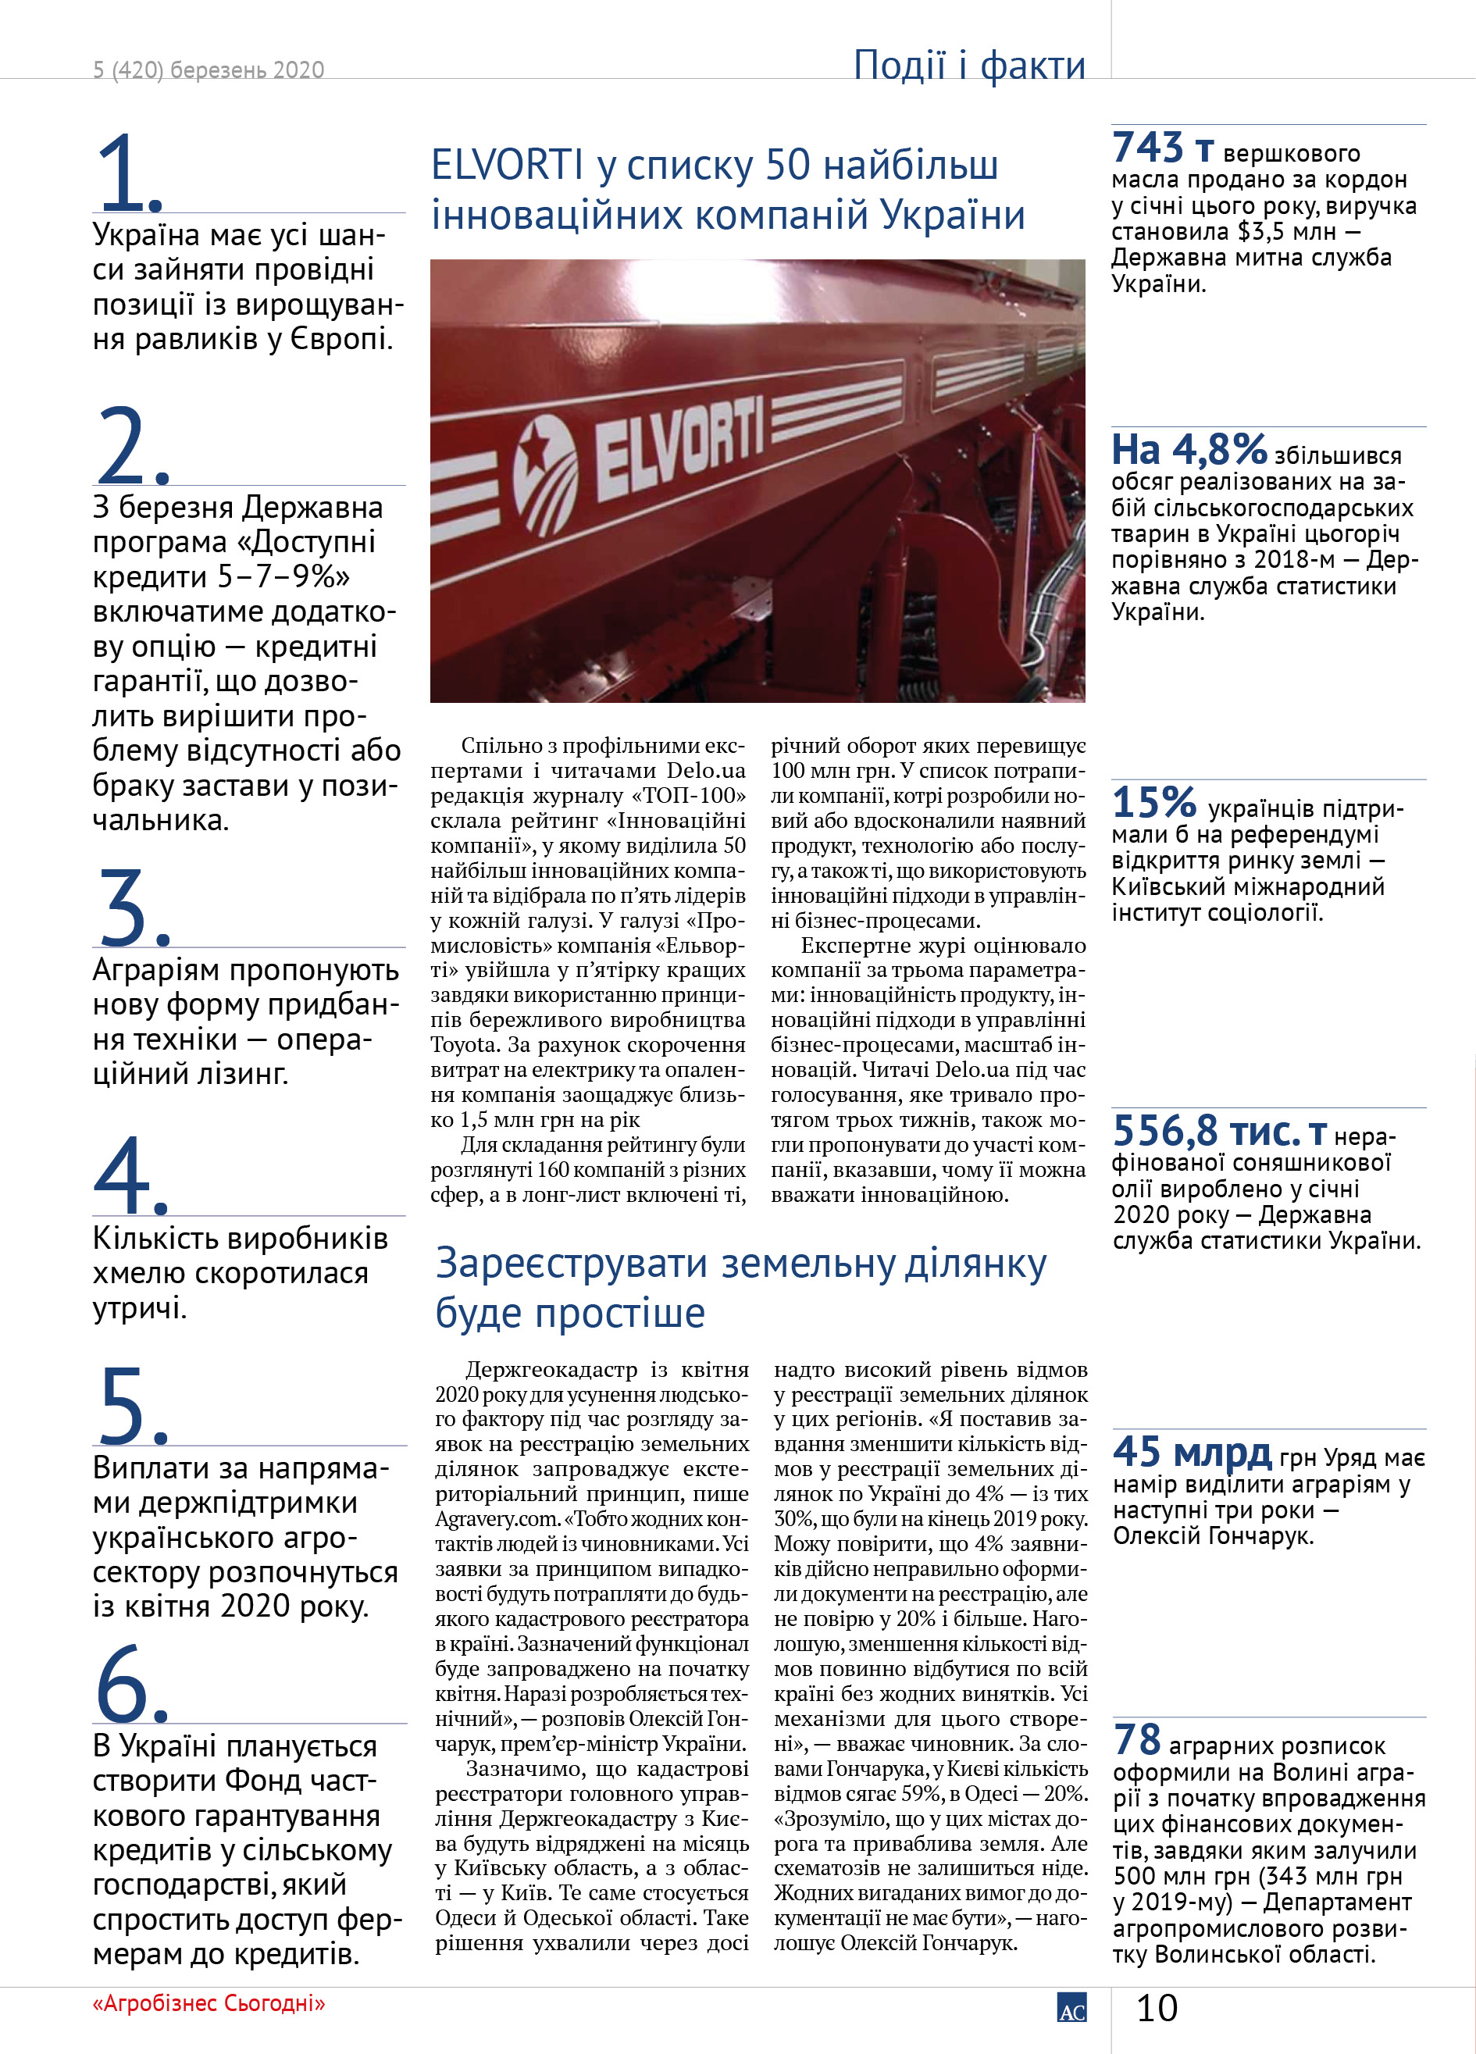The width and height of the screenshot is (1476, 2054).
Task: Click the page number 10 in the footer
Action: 1157,2008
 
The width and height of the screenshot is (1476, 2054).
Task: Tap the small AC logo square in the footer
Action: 1071,2008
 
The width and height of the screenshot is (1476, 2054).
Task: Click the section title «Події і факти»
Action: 969,65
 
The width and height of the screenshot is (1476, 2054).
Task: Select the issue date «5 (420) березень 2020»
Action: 209,70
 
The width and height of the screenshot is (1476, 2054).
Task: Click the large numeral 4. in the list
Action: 130,1175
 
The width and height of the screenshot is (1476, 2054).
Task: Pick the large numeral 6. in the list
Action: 131,1683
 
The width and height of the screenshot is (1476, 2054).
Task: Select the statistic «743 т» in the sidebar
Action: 1162,148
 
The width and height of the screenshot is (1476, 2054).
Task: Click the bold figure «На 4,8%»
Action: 1188,449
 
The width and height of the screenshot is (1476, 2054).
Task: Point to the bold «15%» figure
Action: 1153,802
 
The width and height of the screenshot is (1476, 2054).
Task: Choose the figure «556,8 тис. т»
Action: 1219,1131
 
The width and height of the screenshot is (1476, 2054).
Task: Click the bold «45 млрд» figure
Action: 1192,1452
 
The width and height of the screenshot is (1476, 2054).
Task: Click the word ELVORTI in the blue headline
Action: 507,166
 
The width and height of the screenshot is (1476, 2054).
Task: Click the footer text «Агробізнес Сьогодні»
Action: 209,2003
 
